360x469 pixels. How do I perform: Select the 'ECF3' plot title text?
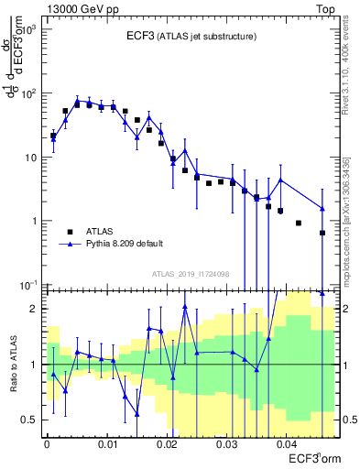pos(144,36)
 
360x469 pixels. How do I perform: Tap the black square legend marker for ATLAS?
pos(70,232)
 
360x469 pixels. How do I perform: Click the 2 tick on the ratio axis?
pos(35,309)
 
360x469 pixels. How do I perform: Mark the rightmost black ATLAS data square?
pos(322,233)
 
